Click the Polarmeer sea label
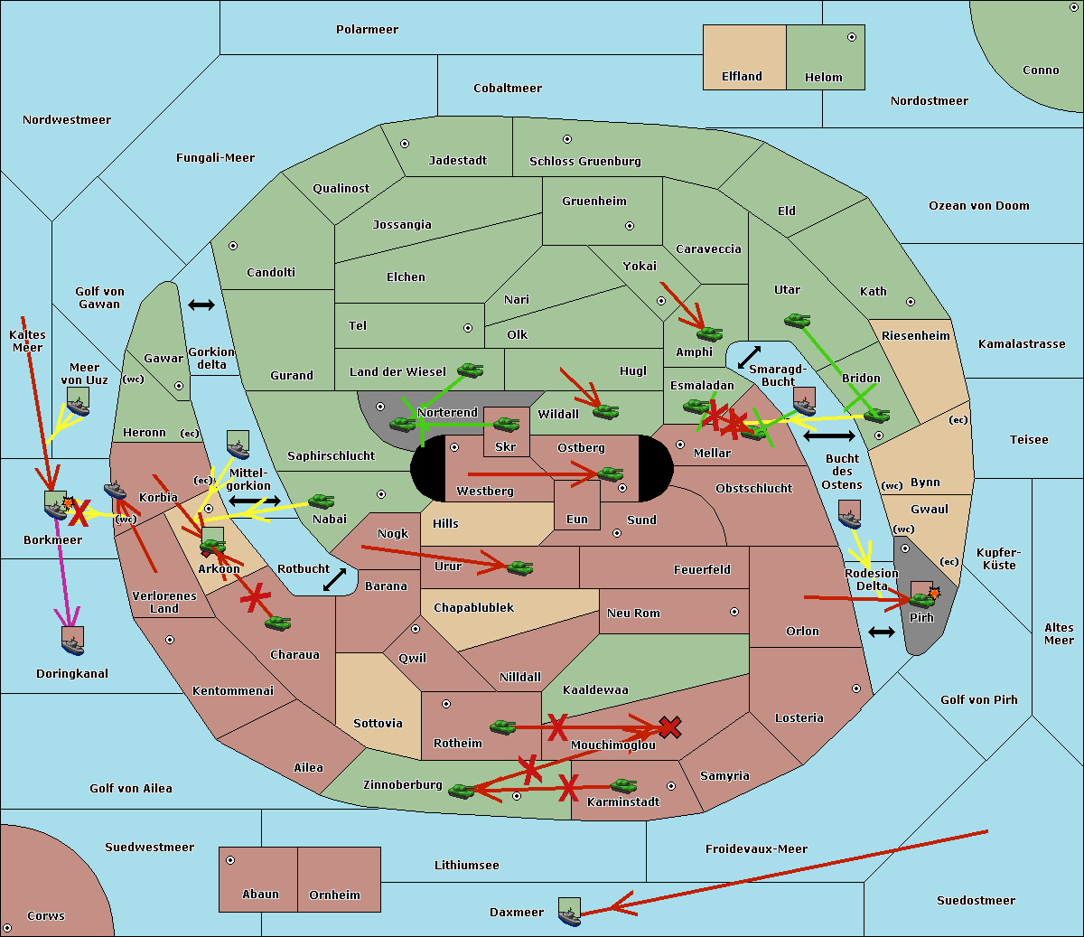(x=367, y=30)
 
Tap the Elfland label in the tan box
(x=742, y=77)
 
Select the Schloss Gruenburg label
(x=584, y=162)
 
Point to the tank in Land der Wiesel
(x=470, y=370)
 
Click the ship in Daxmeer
(x=569, y=912)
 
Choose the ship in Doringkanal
(x=72, y=641)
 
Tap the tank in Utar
(x=797, y=320)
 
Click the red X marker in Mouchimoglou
(x=669, y=726)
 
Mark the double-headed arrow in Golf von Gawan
(x=201, y=305)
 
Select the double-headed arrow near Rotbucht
(x=335, y=579)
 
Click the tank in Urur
(x=519, y=567)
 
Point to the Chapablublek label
(x=473, y=608)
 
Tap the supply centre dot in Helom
(x=851, y=37)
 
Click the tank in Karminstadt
(x=623, y=786)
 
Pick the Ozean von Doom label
(x=978, y=206)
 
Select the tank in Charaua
(x=277, y=623)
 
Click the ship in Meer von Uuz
(x=78, y=401)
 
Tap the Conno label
(x=1041, y=70)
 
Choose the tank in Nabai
(x=321, y=501)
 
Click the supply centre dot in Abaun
(x=230, y=860)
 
